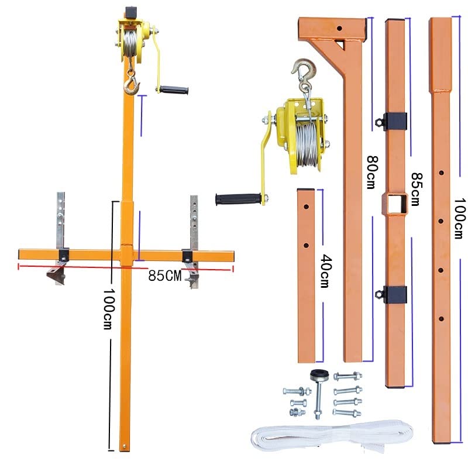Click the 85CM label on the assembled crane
pyautogui.click(x=165, y=276)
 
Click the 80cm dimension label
pyautogui.click(x=372, y=172)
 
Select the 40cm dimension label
pyautogui.click(x=326, y=271)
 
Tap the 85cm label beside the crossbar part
pyautogui.click(x=417, y=189)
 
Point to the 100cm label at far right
pyautogui.click(x=460, y=218)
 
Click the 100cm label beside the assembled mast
pyautogui.click(x=108, y=309)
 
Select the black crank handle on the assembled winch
pyautogui.click(x=174, y=90)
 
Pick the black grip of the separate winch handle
pyautogui.click(x=238, y=199)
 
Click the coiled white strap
pyautogui.click(x=332, y=436)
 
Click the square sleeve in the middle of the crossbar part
pyautogui.click(x=394, y=204)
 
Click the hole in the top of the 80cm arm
pyautogui.click(x=339, y=29)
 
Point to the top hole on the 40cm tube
pyautogui.click(x=306, y=207)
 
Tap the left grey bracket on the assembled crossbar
pyautogui.click(x=60, y=239)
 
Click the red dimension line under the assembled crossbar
pyautogui.click(x=126, y=268)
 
